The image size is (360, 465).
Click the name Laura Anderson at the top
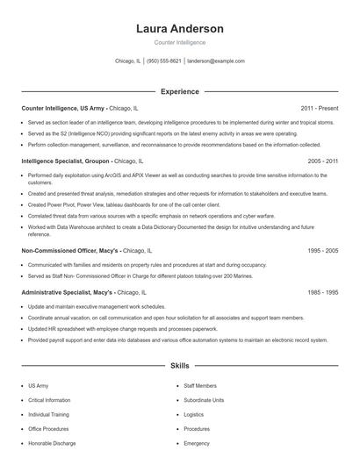click(180, 29)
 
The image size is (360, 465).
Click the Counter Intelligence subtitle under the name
click(180, 42)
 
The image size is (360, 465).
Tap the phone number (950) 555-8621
click(164, 61)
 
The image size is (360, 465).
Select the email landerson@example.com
click(216, 61)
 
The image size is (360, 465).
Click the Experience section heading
click(180, 91)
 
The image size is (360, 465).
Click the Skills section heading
click(180, 364)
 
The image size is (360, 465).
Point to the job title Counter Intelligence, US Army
click(62, 108)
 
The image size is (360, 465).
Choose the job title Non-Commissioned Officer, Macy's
click(69, 250)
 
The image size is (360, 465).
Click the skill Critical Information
click(48, 399)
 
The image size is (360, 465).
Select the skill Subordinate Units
click(204, 399)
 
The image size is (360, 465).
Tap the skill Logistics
click(193, 414)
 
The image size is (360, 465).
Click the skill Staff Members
click(200, 385)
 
